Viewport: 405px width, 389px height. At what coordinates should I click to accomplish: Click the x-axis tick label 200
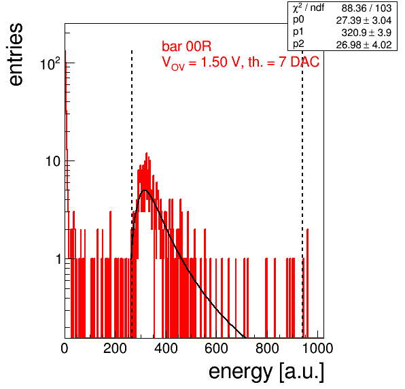tap(115, 348)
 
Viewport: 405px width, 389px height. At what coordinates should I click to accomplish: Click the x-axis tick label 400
tap(166, 348)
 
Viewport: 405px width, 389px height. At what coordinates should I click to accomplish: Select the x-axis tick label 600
tap(217, 348)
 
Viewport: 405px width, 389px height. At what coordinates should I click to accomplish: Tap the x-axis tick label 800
tap(267, 348)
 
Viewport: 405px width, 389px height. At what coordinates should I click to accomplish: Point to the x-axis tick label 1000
tap(317, 348)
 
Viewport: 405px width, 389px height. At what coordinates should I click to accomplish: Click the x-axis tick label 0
tap(65, 348)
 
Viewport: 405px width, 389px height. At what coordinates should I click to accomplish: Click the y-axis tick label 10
tap(53, 161)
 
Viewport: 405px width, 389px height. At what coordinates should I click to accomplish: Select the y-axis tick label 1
tap(58, 259)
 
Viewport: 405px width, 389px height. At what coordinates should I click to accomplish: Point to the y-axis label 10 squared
tap(50, 63)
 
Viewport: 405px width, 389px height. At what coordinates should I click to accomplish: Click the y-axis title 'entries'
tap(16, 54)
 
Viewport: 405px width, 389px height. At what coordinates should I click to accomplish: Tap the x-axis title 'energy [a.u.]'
tap(266, 372)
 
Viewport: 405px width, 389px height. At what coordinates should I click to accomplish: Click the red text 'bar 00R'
tap(186, 46)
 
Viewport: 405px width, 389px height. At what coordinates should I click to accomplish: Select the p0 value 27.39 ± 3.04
tap(364, 20)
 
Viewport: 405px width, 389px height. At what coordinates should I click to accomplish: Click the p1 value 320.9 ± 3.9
tap(366, 33)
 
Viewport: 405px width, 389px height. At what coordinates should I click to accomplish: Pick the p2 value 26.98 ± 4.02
tap(364, 45)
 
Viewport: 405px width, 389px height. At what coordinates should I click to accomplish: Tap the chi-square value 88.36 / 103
tap(366, 8)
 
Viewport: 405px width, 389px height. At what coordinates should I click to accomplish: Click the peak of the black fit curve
tap(145, 190)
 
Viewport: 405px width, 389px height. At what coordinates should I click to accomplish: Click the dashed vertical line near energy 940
tap(302, 194)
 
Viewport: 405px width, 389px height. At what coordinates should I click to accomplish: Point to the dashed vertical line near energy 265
tap(132, 194)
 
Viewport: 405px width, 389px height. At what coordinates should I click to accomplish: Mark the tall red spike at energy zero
tap(66, 194)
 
